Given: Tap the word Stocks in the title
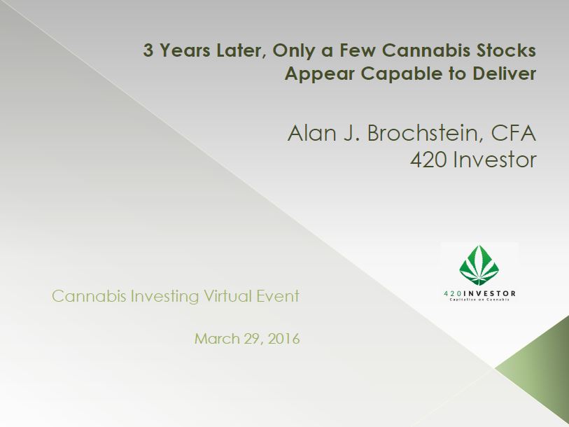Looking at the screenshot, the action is (506, 50).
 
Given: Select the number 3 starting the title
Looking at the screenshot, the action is (148, 50).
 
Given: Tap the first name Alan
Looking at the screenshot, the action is (311, 133).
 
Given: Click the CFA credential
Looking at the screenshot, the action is (514, 133).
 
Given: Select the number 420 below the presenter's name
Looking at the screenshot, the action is (428, 160).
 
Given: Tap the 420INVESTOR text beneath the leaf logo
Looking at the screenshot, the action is (479, 293).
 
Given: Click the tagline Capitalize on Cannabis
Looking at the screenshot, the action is (479, 300).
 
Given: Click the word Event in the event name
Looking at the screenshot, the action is (278, 296).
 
